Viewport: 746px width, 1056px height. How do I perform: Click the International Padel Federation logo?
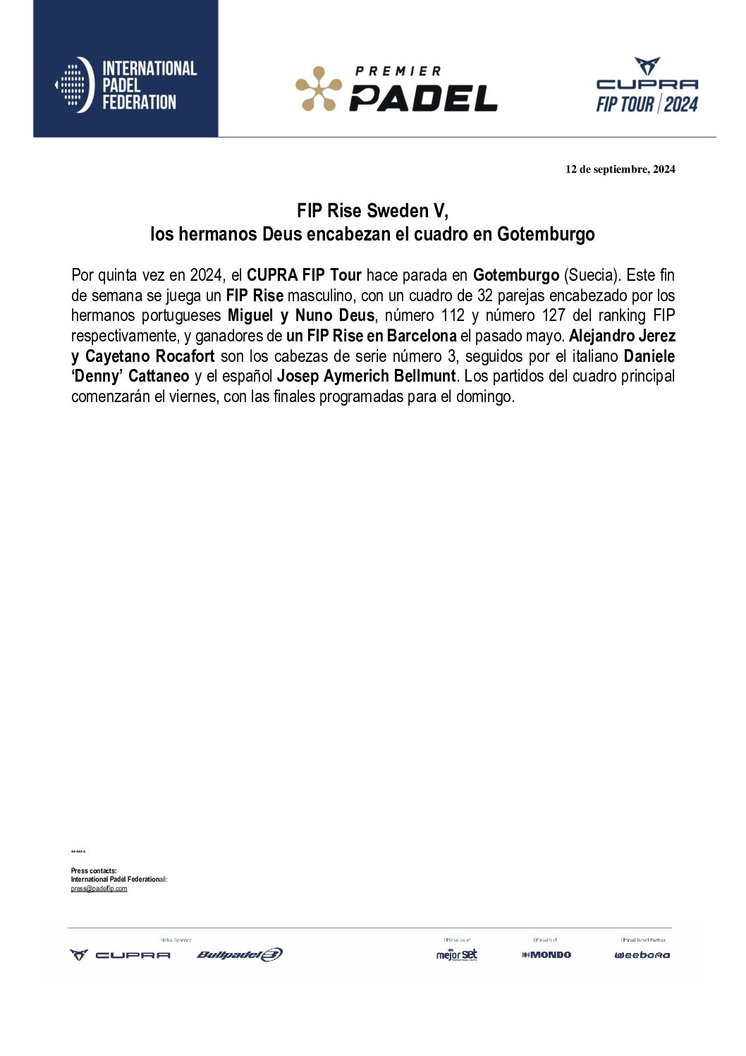[126, 85]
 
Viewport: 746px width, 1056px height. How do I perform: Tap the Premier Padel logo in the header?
[396, 90]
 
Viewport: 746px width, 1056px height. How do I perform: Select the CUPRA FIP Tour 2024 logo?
[647, 86]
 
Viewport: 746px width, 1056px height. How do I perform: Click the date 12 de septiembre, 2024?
[620, 169]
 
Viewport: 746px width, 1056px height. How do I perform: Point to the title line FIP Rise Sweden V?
[372, 211]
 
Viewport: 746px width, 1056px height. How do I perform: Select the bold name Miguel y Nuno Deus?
[301, 315]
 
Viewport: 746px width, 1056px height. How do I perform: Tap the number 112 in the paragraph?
[453, 315]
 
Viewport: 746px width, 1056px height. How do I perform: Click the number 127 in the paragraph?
[554, 315]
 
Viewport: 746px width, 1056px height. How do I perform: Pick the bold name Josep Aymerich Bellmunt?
[366, 376]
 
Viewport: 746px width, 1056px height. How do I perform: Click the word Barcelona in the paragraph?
[421, 336]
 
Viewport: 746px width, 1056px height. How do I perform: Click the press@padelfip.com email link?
[99, 889]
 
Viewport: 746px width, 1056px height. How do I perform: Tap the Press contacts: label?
[94, 871]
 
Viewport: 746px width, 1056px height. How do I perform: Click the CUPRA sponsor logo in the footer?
[120, 954]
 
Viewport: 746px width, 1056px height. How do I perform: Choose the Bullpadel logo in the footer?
[240, 954]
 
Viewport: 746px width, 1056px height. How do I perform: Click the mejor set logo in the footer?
[457, 954]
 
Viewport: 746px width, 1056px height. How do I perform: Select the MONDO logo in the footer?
[546, 954]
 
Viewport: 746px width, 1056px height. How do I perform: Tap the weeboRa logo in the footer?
[642, 954]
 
